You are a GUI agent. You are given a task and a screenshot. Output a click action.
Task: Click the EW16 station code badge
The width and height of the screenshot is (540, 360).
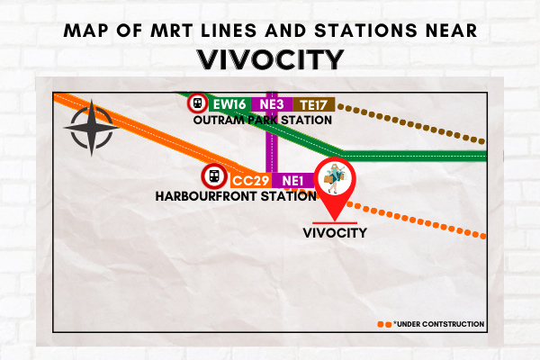pyautogui.click(x=229, y=104)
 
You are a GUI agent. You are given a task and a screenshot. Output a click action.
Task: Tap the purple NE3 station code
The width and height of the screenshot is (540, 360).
pyautogui.click(x=272, y=104)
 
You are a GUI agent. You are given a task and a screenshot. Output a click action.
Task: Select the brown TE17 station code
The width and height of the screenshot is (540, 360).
pyautogui.click(x=314, y=104)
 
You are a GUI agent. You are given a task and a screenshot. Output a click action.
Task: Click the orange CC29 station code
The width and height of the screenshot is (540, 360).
pyautogui.click(x=251, y=181)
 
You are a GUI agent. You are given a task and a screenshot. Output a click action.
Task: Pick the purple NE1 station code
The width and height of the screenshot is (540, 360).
pyautogui.click(x=293, y=181)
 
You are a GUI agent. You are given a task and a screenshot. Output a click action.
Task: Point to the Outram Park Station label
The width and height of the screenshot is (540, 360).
pyautogui.click(x=263, y=121)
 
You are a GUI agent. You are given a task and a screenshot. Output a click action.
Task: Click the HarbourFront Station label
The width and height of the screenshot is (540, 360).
pyautogui.click(x=236, y=196)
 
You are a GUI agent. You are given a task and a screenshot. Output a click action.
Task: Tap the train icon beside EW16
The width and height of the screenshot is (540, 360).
pyautogui.click(x=198, y=103)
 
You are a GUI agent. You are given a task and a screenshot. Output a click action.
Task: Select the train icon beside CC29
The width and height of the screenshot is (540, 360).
pyautogui.click(x=214, y=176)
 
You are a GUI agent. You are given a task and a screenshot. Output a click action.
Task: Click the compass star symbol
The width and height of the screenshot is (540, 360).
pyautogui.click(x=91, y=128)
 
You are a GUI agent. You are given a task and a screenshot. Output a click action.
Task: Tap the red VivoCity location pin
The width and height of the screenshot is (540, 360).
pyautogui.click(x=335, y=188)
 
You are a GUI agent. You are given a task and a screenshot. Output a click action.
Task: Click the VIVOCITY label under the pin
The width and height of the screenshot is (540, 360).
pyautogui.click(x=335, y=233)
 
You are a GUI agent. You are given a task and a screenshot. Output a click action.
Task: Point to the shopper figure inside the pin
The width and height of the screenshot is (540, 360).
pyautogui.click(x=335, y=178)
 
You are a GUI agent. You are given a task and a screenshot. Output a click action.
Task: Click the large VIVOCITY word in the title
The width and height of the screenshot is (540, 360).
pyautogui.click(x=271, y=59)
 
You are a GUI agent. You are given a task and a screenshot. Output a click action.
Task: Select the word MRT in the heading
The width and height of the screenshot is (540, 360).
pyautogui.click(x=172, y=31)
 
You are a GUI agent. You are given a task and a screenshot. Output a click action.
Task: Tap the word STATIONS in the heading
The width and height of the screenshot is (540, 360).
pyautogui.click(x=365, y=31)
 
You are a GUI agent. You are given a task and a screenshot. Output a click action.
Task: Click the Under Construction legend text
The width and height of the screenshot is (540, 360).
pyautogui.click(x=439, y=324)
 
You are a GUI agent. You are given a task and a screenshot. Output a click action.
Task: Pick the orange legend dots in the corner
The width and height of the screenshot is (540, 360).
pyautogui.click(x=384, y=325)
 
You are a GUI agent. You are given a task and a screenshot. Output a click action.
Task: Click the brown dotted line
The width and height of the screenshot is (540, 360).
pyautogui.click(x=411, y=124)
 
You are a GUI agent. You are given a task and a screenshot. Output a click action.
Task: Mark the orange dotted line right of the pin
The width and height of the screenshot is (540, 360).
pyautogui.click(x=416, y=220)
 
